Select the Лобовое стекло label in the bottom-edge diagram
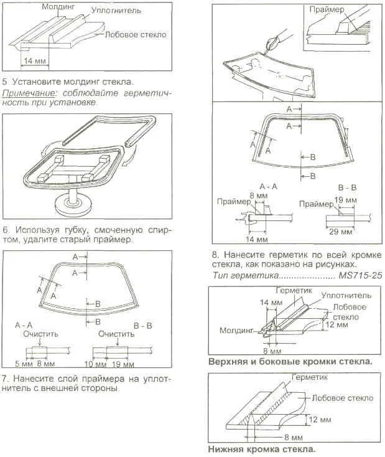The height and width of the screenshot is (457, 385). click(343, 397)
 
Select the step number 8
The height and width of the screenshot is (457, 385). click(215, 255)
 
